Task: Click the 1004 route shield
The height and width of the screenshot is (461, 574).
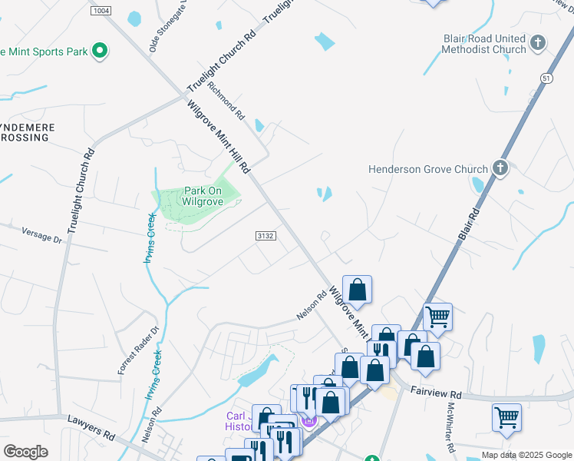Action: (100, 11)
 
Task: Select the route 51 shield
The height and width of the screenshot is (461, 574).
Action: (546, 78)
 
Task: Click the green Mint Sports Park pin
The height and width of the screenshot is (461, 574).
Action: (99, 51)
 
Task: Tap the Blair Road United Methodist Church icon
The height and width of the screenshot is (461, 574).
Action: (538, 42)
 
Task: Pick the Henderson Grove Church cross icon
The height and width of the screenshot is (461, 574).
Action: (500, 168)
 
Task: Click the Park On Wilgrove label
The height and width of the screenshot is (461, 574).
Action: (203, 196)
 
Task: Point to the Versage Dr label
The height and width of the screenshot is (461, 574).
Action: (41, 234)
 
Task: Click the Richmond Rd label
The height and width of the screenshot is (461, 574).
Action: (226, 102)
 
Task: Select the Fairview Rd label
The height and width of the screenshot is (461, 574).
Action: (440, 392)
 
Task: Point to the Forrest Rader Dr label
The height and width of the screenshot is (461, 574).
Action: (127, 350)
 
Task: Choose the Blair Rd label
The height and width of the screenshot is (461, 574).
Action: (469, 224)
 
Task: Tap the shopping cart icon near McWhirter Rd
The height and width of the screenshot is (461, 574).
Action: (506, 418)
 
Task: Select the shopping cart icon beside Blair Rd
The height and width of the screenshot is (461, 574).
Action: (437, 315)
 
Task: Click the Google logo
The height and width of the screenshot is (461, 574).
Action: (25, 452)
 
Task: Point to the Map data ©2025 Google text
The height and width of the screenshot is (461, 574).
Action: (526, 455)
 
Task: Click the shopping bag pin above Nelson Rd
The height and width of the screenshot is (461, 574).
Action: (358, 289)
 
